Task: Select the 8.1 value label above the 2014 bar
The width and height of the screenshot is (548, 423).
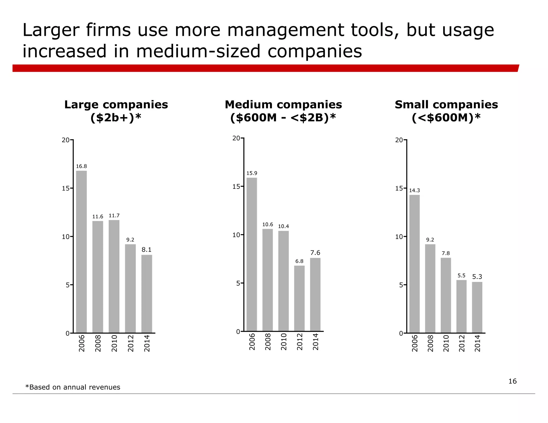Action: [x=146, y=250]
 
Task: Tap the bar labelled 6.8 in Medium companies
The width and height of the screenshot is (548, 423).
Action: [x=299, y=298]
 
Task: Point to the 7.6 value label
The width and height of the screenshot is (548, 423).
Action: [x=315, y=253]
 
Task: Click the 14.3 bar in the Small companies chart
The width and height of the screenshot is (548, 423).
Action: [x=414, y=264]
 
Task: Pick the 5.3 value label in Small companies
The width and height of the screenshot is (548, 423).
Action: [x=477, y=277]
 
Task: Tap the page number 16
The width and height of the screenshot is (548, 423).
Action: [x=512, y=381]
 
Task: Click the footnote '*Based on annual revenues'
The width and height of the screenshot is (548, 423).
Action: [x=73, y=387]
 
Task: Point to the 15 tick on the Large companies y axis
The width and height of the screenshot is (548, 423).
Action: [x=66, y=188]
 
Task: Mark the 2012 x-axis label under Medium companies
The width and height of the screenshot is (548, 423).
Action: [x=299, y=341]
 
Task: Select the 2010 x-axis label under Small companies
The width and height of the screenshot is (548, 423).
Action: [x=446, y=343]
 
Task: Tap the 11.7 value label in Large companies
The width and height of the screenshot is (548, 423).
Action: [x=114, y=216]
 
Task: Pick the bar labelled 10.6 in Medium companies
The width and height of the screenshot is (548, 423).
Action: [x=268, y=280]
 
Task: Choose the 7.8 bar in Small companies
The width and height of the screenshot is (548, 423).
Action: [x=446, y=295]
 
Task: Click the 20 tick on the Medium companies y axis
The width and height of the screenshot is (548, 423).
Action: [x=236, y=138]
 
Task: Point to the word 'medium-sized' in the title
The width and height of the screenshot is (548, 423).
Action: [x=198, y=51]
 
